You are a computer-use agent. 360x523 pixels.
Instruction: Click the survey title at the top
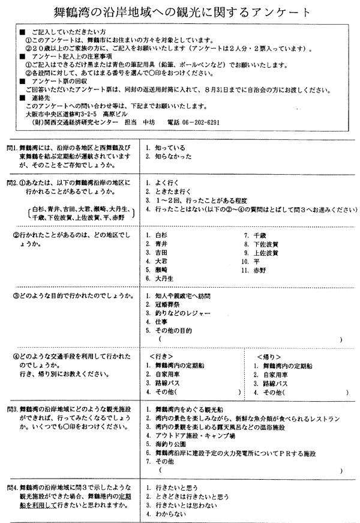pyautogui.click(x=179, y=11)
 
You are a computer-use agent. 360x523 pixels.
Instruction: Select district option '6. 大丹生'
pyautogui.click(x=160, y=278)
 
